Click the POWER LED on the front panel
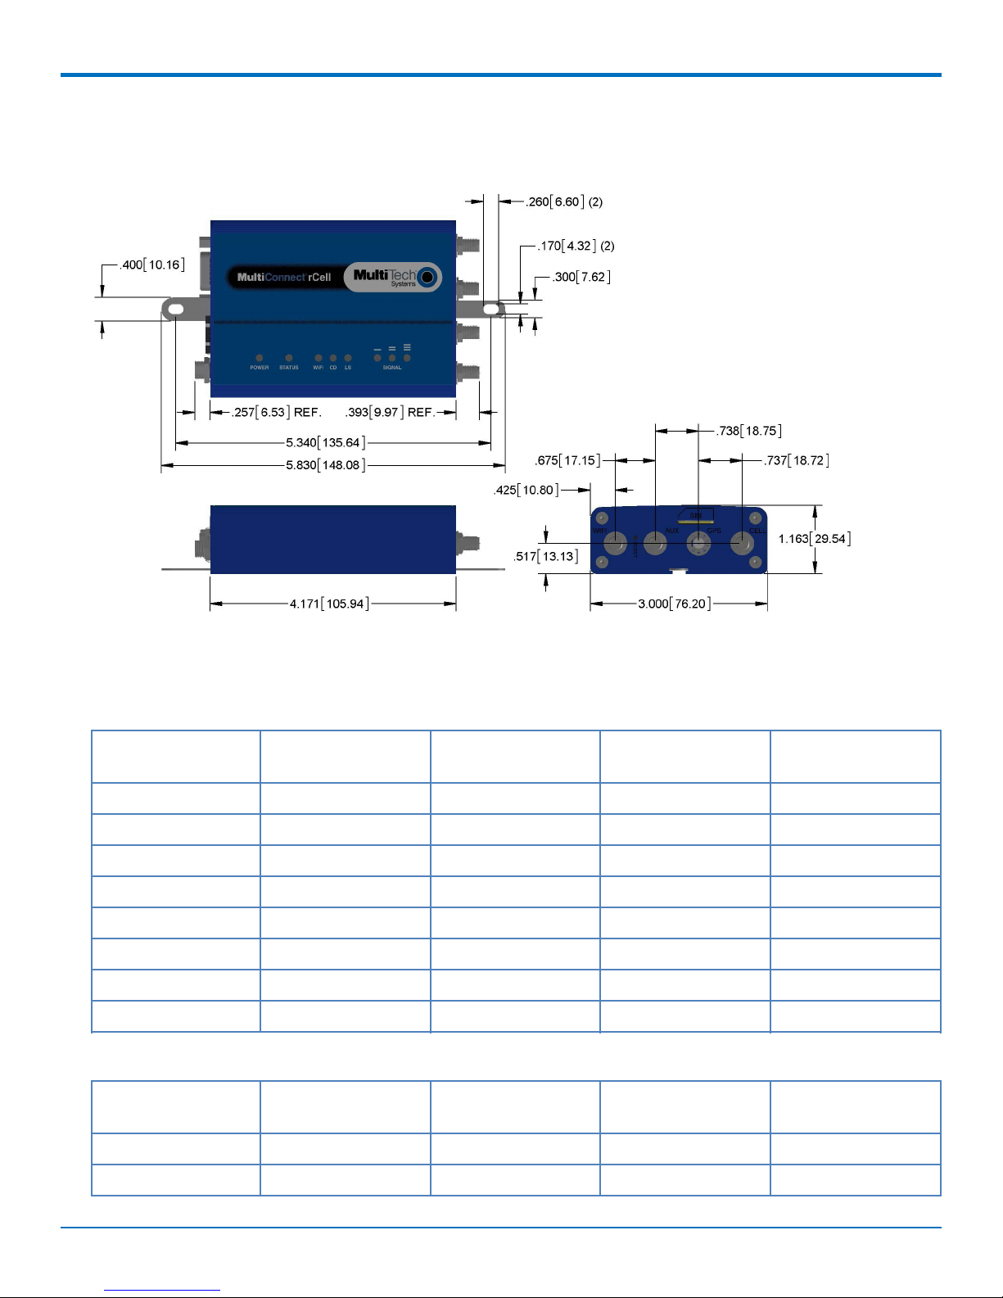click(260, 358)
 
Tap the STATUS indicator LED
click(289, 358)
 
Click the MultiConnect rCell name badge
click(284, 277)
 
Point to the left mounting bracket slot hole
click(175, 309)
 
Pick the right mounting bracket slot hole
click(490, 309)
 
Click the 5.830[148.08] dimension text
click(325, 465)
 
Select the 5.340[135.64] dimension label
click(325, 442)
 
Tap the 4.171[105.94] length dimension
click(329, 604)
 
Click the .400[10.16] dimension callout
click(152, 265)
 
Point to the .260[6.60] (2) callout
click(564, 201)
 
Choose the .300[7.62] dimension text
click(581, 277)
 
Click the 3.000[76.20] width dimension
click(674, 604)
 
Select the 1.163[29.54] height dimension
click(815, 538)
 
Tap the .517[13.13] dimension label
click(546, 556)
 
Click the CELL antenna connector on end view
click(742, 543)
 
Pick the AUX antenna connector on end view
click(655, 543)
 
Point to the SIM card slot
click(695, 514)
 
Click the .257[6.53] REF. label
click(277, 412)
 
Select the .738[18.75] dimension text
click(749, 431)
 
